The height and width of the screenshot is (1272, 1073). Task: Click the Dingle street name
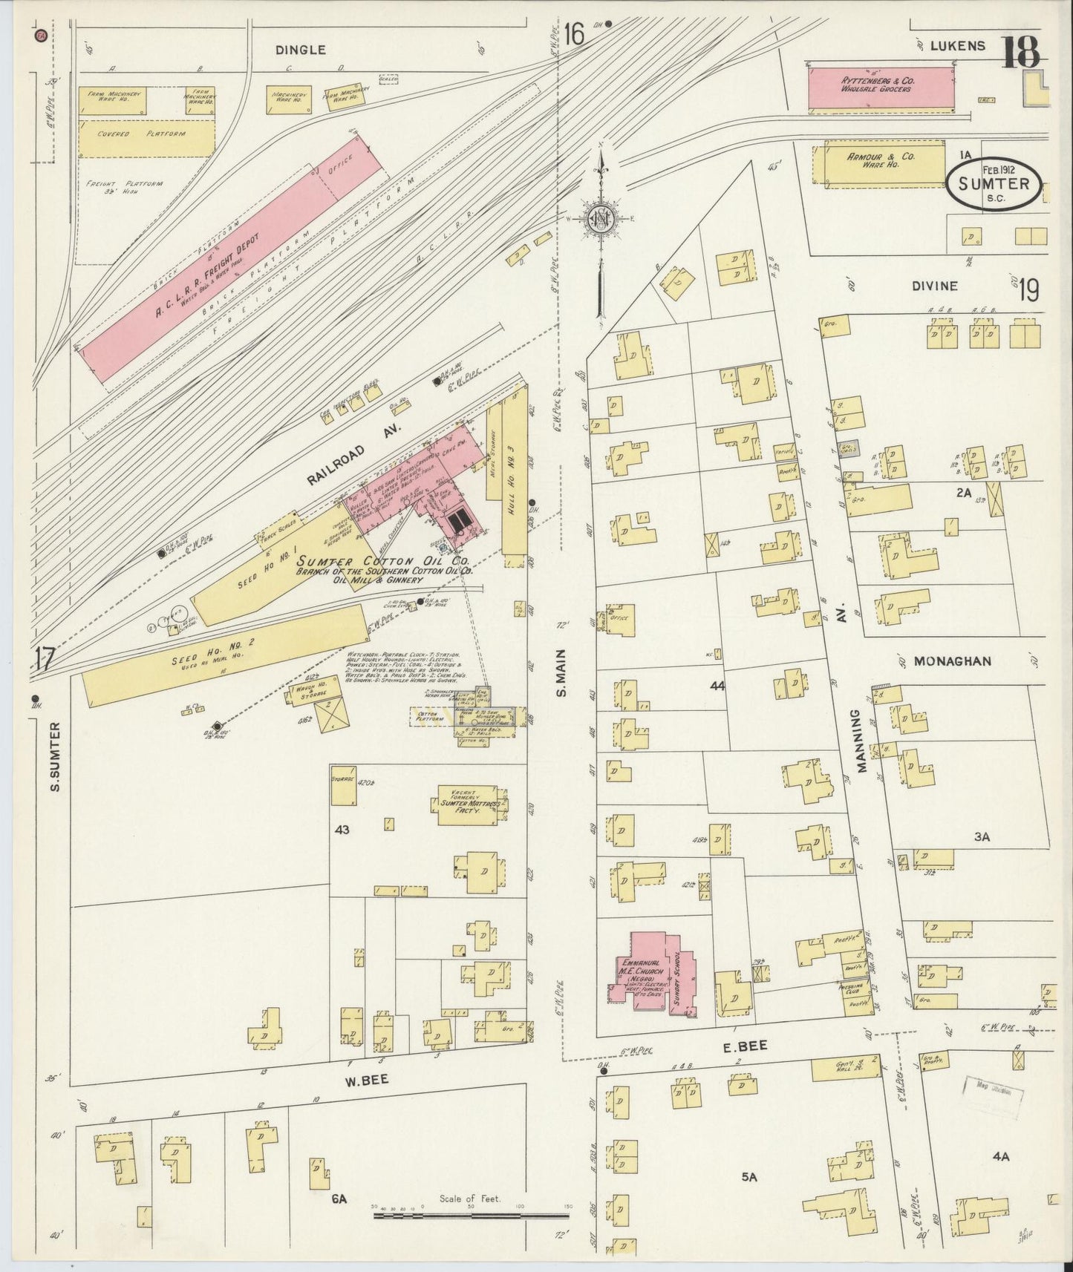[300, 50]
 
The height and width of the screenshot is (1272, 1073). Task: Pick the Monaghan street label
[952, 661]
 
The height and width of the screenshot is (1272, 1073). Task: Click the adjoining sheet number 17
[45, 658]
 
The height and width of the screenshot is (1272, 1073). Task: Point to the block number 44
[717, 686]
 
